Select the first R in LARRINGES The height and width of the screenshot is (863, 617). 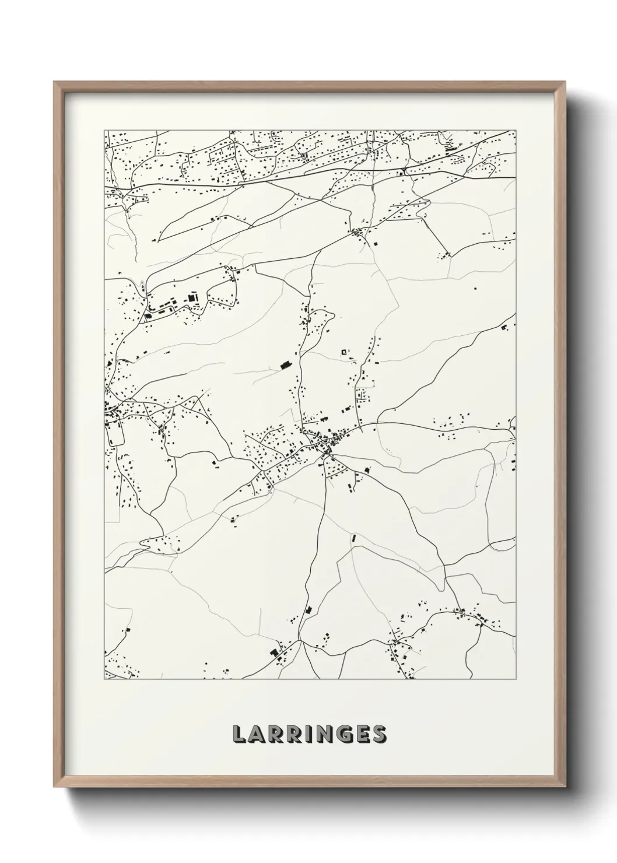(x=278, y=735)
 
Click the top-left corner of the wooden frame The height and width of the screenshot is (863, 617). (x=54, y=82)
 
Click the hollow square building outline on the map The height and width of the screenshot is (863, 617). (x=344, y=352)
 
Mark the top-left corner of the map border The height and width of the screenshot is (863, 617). (x=104, y=130)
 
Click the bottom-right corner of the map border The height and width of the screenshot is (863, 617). (x=516, y=680)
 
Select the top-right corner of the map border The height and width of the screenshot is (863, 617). (x=516, y=130)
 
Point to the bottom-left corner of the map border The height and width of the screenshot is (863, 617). (x=104, y=680)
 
